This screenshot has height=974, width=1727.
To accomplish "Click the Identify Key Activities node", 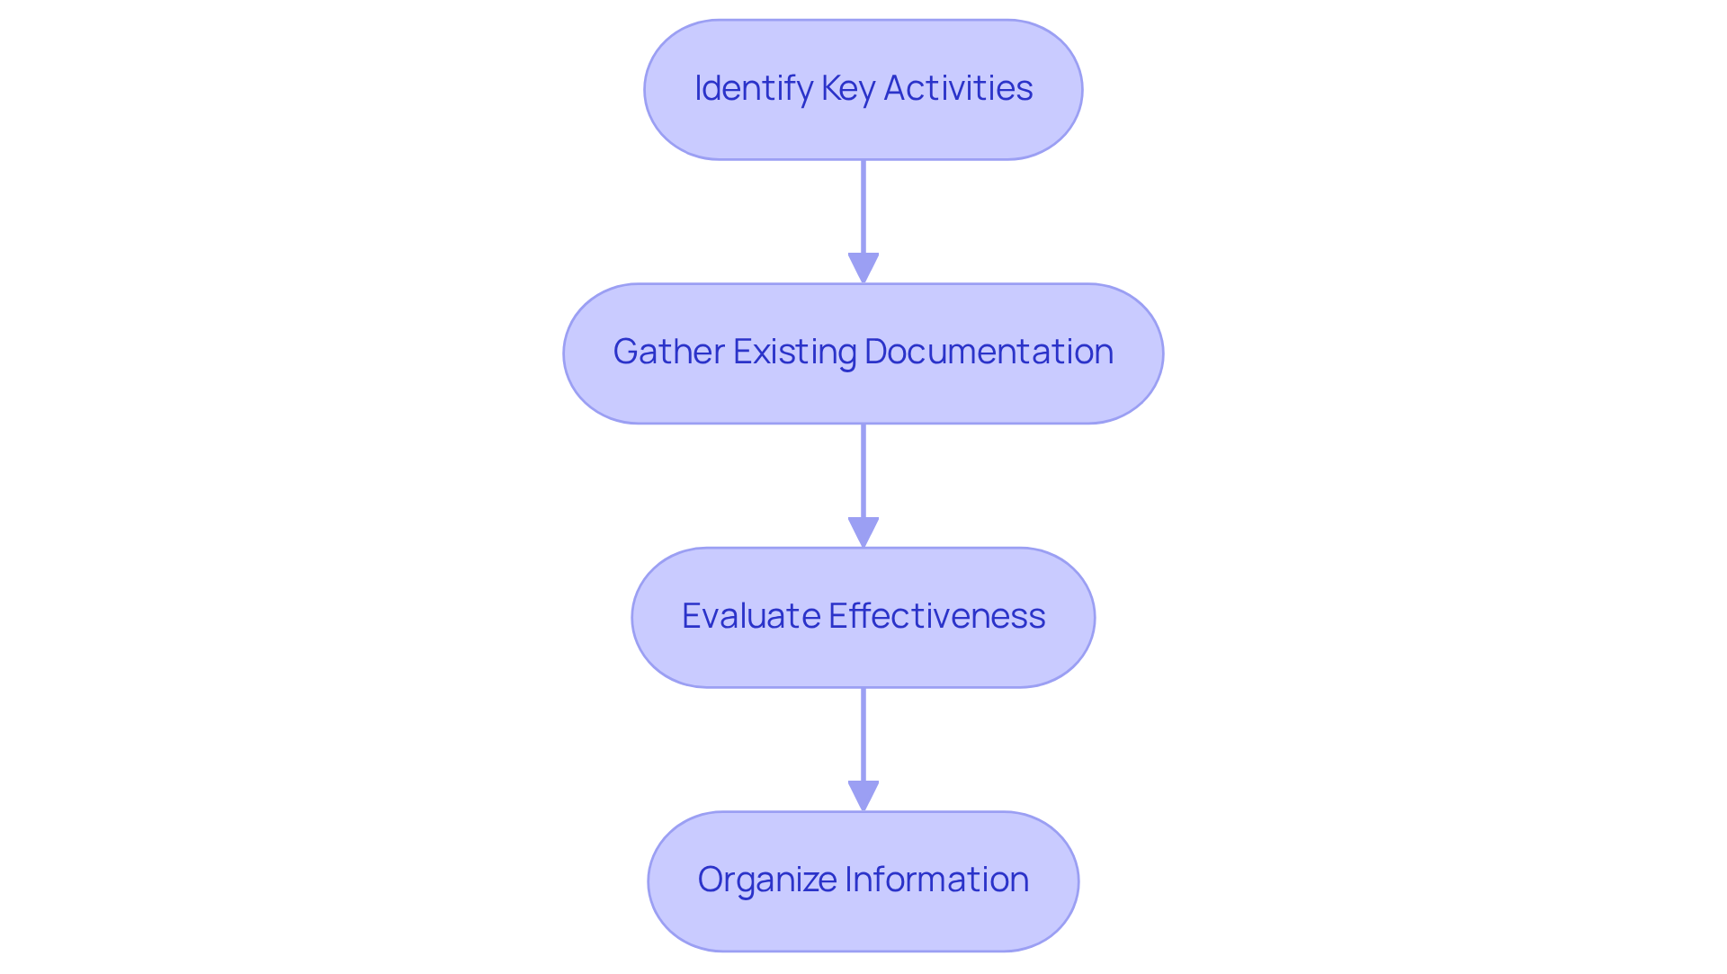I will (863, 90).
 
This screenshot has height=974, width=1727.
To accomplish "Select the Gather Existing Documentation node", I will (863, 353).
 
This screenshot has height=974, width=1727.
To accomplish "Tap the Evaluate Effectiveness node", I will (863, 618).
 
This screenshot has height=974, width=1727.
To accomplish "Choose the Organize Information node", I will (863, 881).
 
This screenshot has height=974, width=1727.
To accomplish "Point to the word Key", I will (847, 88).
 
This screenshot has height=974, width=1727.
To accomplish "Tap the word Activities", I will (958, 88).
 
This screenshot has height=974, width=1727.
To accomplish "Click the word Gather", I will (669, 352).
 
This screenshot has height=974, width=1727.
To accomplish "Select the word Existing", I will (794, 352).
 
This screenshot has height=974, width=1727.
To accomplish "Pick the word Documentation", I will (989, 352).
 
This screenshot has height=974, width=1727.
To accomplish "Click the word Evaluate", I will (751, 616).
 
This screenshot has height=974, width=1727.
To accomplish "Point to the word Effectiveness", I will (936, 616).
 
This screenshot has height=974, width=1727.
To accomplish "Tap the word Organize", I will (767, 880).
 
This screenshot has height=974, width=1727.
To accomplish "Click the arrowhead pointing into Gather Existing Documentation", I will (863, 268).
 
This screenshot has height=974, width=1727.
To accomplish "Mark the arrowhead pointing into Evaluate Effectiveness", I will (863, 532).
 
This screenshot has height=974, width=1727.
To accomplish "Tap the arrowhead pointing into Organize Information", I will (863, 796).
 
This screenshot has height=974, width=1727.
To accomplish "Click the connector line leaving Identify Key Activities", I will (863, 207).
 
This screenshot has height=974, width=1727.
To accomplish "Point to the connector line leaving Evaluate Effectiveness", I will (863, 735).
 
